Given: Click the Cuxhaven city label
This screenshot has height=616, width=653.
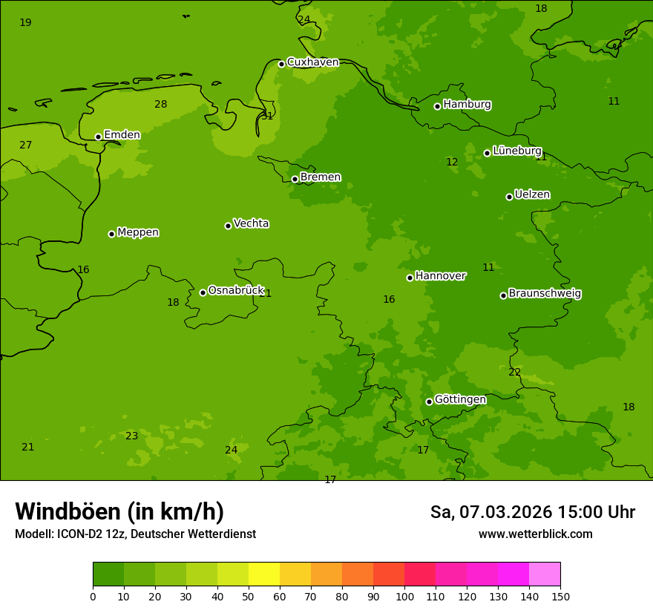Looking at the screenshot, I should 312,62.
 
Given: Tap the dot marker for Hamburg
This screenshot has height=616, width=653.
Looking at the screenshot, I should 437,106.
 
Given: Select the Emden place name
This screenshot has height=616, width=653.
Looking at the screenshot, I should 122,135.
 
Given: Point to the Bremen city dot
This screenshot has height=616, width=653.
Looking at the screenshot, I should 295,179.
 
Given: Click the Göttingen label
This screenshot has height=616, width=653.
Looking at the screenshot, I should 460,400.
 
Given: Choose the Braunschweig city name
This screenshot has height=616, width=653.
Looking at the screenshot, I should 545,294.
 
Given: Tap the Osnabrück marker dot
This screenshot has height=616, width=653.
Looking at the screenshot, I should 203,292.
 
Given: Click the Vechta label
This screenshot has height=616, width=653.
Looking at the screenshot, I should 251,223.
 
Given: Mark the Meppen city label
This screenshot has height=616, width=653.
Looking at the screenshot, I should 138,232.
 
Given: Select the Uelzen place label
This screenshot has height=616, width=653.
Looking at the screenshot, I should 532,195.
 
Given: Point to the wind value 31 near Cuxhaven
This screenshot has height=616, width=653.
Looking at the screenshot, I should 267,117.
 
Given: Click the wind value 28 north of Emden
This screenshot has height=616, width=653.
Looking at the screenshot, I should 160,105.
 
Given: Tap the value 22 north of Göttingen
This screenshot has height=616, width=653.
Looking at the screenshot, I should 514,373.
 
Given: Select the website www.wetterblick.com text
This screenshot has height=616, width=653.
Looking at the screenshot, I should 535,534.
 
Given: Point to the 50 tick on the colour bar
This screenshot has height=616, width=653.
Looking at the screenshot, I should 249,597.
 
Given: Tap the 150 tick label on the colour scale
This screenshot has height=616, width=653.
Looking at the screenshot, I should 560,597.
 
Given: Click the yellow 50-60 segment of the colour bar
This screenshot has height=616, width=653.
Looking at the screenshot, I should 264,574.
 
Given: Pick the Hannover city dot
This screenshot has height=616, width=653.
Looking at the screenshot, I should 410,278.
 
